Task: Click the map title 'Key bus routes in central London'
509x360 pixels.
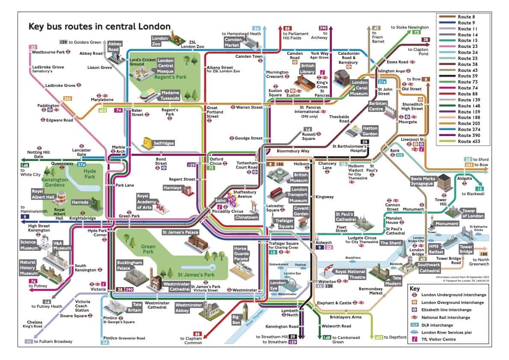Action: coord(99,26)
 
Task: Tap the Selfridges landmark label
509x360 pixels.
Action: coord(164,143)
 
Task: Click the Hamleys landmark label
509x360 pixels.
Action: coord(172,188)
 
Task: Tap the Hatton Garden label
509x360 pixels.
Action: coord(370,130)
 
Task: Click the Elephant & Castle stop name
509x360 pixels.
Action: coord(334,303)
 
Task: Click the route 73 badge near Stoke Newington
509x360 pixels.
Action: coord(415,32)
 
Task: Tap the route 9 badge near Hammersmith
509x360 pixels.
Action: coord(22,217)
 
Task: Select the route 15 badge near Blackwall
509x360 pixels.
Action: coord(479,188)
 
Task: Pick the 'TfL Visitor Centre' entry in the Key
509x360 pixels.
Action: coord(441,339)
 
